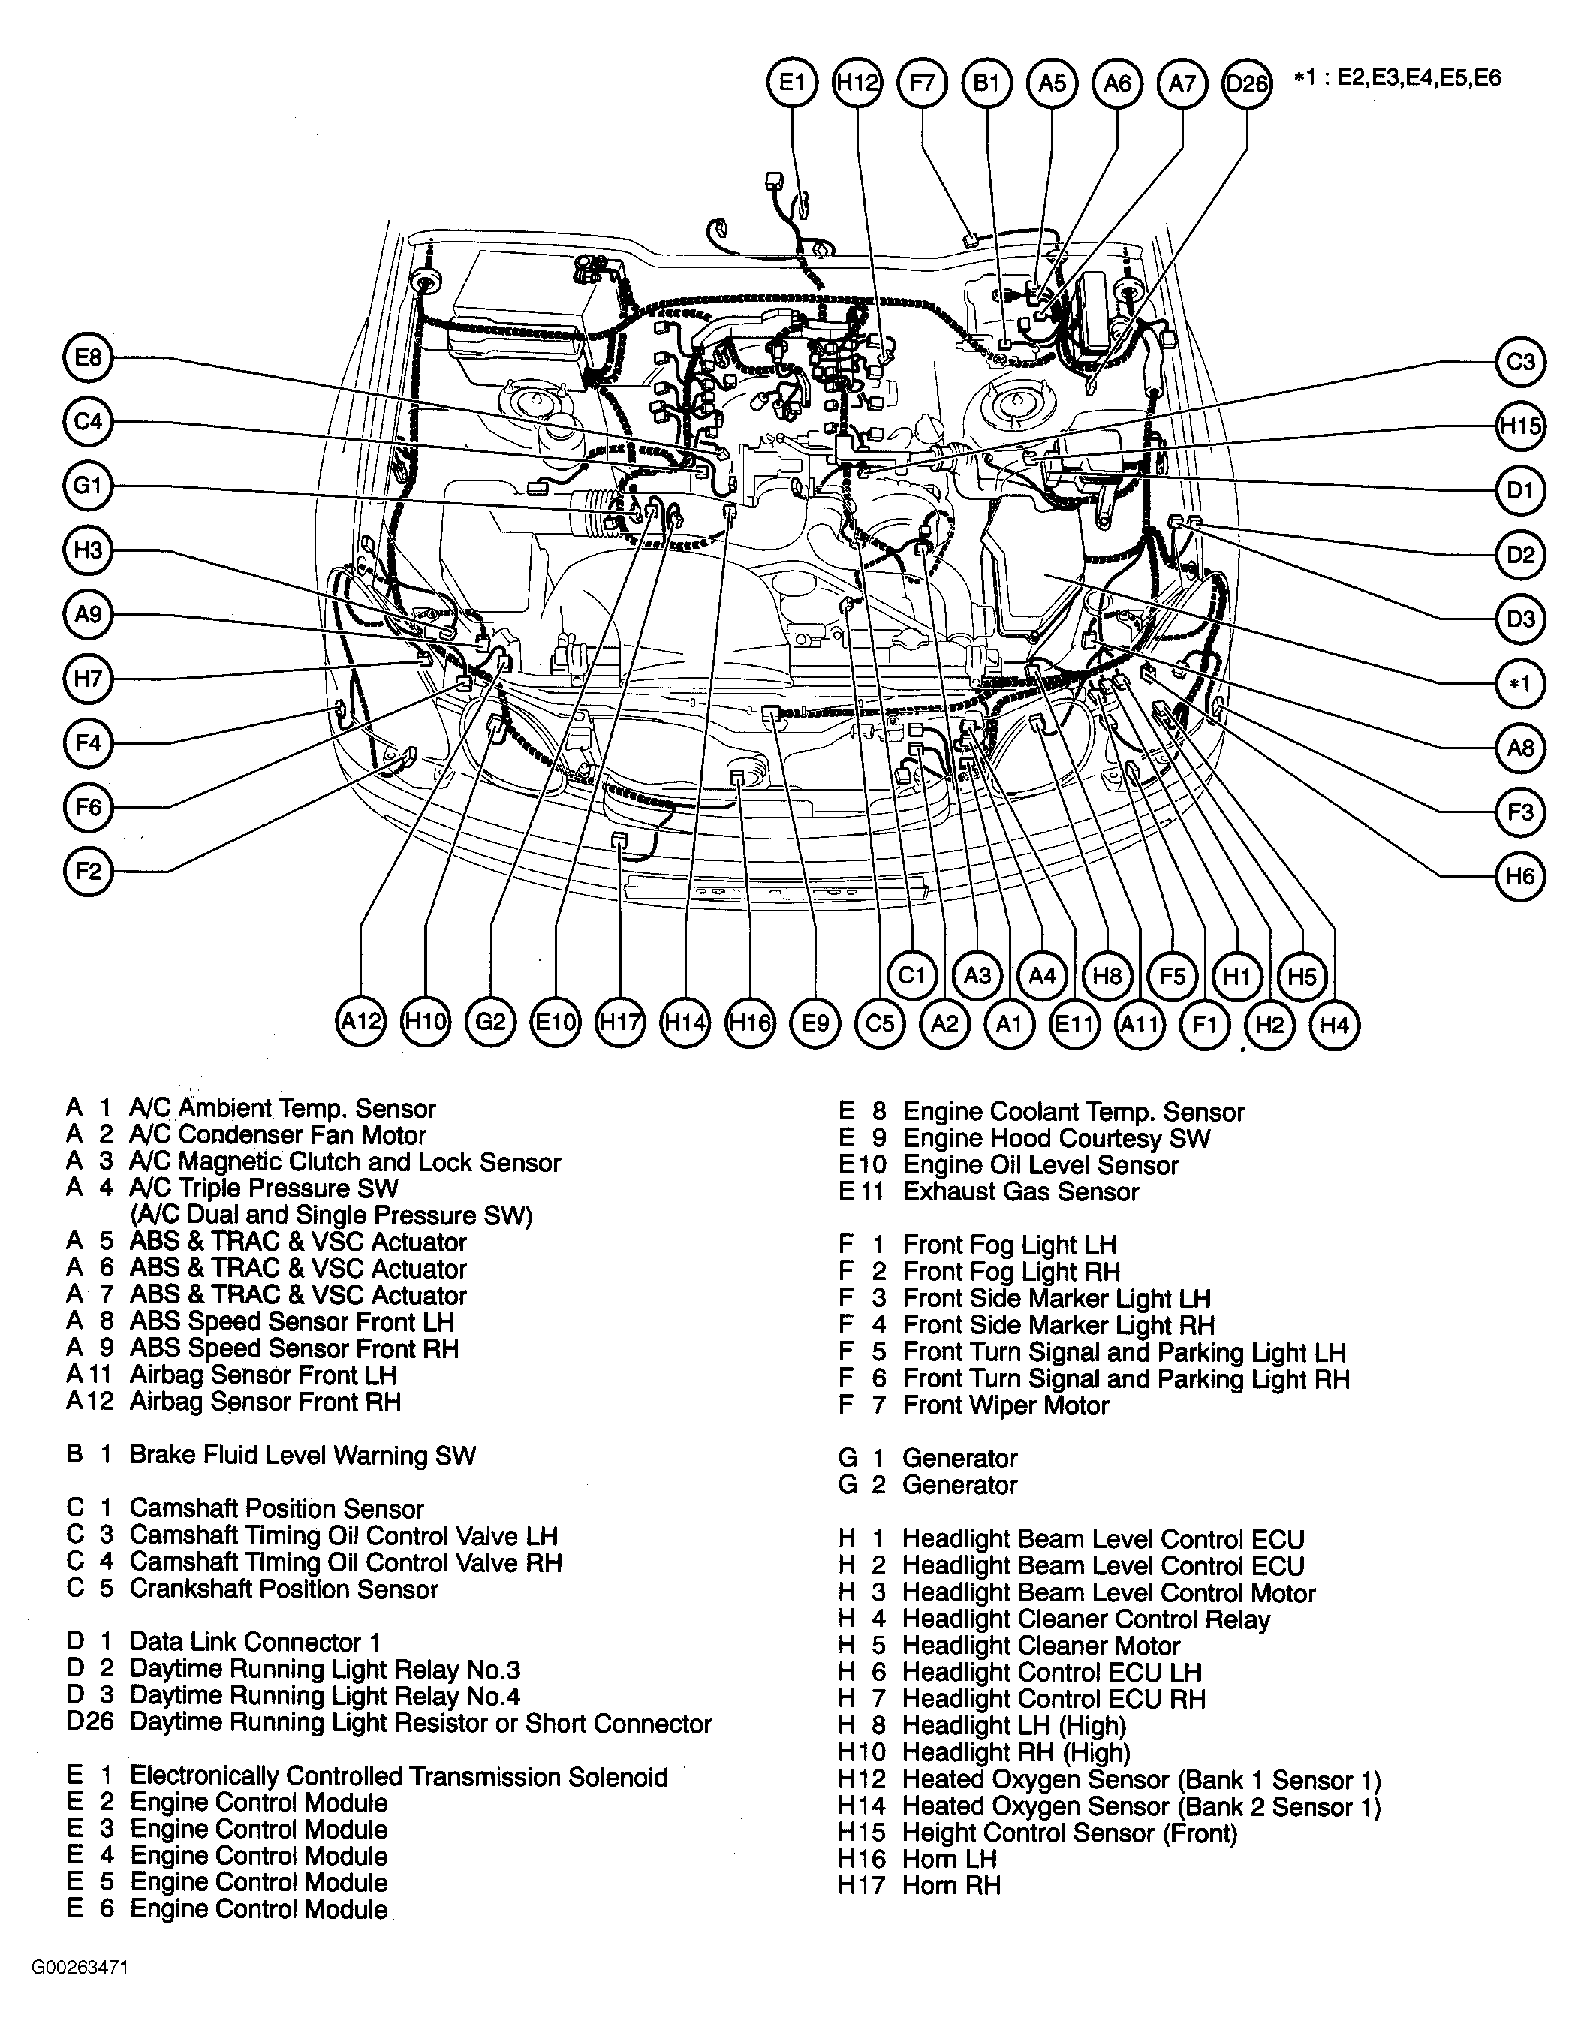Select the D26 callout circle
(1246, 83)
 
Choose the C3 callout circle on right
(1520, 362)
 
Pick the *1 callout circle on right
(1520, 684)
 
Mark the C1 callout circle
(911, 975)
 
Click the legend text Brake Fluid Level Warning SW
(302, 1456)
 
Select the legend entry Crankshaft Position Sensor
(284, 1589)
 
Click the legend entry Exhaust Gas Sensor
(1019, 1191)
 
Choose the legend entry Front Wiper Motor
(1004, 1405)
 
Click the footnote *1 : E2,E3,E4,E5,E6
(1396, 78)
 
